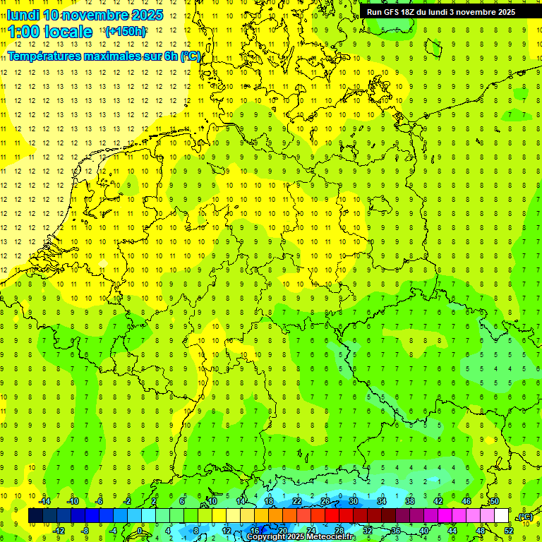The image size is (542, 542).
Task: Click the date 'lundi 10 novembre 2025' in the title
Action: (x=85, y=15)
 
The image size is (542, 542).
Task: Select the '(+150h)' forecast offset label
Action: (x=125, y=32)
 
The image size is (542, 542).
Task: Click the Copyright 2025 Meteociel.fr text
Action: (x=300, y=537)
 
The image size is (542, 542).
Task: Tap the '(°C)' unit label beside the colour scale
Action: (x=524, y=517)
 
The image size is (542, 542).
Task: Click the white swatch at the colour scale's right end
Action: (x=501, y=516)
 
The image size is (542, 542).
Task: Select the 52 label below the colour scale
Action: (x=508, y=531)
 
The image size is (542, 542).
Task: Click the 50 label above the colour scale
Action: (x=494, y=501)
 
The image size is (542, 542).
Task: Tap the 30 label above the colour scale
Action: (x=353, y=501)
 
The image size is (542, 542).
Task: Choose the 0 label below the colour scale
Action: (x=140, y=531)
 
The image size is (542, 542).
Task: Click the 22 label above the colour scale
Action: (x=296, y=501)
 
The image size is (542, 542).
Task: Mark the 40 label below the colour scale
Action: (x=423, y=531)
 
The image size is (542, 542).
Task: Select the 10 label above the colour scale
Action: (x=212, y=501)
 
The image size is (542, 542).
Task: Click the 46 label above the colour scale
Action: (x=466, y=501)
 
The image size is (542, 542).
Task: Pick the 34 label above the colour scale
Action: (x=381, y=501)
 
